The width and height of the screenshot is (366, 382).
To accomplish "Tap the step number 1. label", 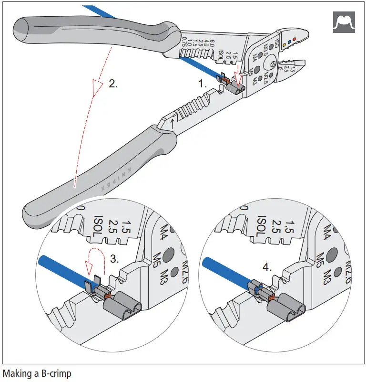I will tap(203, 84).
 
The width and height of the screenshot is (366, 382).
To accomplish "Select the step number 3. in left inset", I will tap(115, 259).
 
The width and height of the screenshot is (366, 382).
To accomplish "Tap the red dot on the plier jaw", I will tap(295, 39).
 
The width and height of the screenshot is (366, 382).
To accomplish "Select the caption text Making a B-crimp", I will tap(37, 373).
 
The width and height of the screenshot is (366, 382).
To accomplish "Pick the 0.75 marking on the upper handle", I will tap(185, 44).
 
